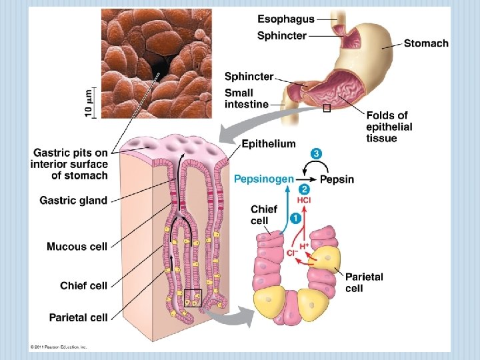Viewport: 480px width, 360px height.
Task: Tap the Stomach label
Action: pyautogui.click(x=426, y=43)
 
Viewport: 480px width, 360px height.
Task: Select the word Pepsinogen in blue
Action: pyautogui.click(x=263, y=179)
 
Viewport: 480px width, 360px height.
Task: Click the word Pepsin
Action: pyautogui.click(x=337, y=179)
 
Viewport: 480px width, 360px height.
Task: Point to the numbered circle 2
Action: pyautogui.click(x=304, y=189)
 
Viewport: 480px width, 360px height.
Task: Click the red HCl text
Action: pyautogui.click(x=304, y=200)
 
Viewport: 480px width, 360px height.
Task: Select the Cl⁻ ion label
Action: pyautogui.click(x=291, y=253)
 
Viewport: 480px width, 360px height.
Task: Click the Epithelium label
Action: pyautogui.click(x=269, y=143)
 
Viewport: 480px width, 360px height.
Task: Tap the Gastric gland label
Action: pyautogui.click(x=73, y=201)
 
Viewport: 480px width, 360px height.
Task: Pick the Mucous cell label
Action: pyautogui.click(x=77, y=247)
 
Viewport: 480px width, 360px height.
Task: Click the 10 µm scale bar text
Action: pyautogui.click(x=89, y=103)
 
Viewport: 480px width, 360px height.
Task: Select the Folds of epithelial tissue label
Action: pyautogui.click(x=389, y=127)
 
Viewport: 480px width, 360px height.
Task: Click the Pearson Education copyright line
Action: pyautogui.click(x=59, y=347)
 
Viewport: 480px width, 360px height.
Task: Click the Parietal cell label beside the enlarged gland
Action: pyautogui.click(x=364, y=282)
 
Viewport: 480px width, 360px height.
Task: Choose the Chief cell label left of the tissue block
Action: pyautogui.click(x=83, y=285)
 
